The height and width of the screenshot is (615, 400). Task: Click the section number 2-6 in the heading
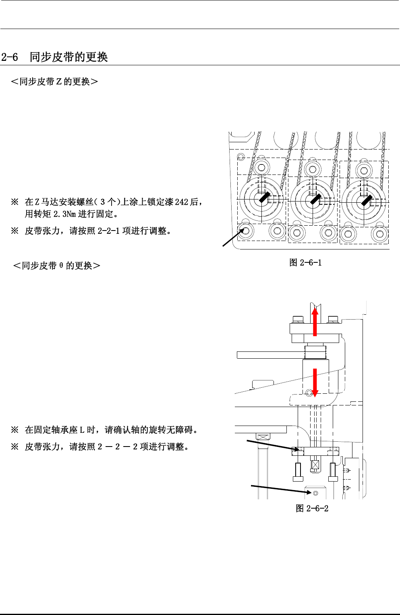coord(10,57)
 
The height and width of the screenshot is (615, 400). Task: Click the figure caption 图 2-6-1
coord(305,263)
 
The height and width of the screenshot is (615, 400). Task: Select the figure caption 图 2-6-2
coord(312,509)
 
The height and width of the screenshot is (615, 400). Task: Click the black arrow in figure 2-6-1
coord(233,237)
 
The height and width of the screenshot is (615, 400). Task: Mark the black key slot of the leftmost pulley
coord(264,197)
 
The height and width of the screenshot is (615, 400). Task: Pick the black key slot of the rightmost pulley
coord(366,200)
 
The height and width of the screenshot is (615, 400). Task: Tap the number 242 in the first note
coord(181,202)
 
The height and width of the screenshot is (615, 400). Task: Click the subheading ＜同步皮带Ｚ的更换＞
coord(54,82)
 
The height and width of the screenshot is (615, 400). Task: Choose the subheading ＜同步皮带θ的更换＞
coord(56,266)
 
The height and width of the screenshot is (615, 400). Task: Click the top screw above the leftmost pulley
coord(261,167)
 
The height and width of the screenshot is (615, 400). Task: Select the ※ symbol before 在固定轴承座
coord(15,430)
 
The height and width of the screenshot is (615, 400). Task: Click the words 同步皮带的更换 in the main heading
coord(68,57)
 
